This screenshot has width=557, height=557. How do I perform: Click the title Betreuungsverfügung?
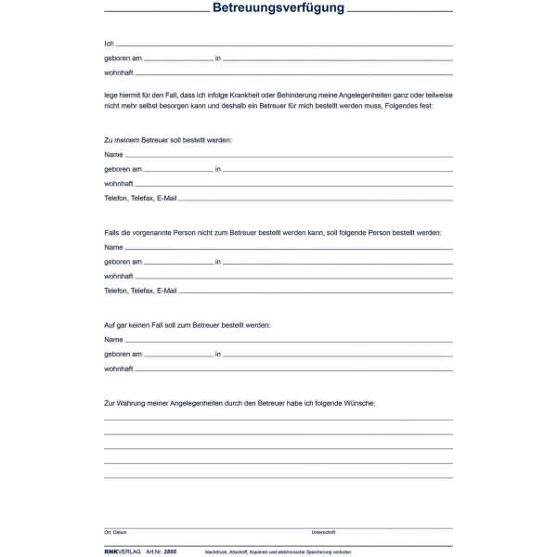coord(278,8)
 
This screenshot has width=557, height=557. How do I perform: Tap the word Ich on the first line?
coord(110,44)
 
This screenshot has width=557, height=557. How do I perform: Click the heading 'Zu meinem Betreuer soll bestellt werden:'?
coord(168,139)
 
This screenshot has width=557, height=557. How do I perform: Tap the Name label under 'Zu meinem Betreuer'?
coord(113,154)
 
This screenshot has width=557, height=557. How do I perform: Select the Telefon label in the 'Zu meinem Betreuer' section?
coord(117,199)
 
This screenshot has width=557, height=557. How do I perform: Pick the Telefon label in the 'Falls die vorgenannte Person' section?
coord(117,291)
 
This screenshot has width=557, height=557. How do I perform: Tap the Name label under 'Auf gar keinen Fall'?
coord(113,340)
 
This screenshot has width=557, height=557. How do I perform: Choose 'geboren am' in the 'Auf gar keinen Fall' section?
coord(123,355)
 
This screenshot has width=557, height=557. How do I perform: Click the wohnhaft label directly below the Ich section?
coord(119,72)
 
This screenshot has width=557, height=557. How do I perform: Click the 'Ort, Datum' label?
coord(115,533)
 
